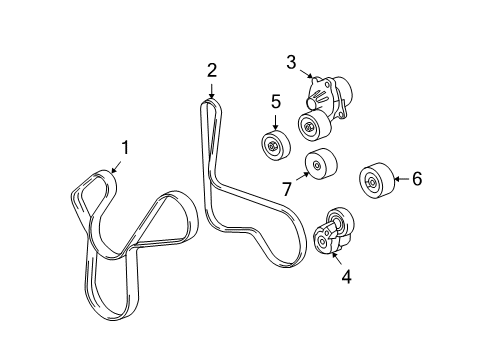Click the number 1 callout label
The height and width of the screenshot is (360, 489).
click(x=125, y=149)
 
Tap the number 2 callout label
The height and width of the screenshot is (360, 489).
click(x=212, y=69)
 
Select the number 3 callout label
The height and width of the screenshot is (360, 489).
click(x=291, y=62)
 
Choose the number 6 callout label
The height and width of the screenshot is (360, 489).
click(x=416, y=179)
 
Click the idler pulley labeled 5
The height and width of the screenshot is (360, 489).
click(x=273, y=145)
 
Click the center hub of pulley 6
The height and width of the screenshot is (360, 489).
click(x=371, y=181)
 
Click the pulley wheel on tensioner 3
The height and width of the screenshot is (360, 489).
click(x=312, y=127)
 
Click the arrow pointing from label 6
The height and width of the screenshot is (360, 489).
click(x=399, y=180)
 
